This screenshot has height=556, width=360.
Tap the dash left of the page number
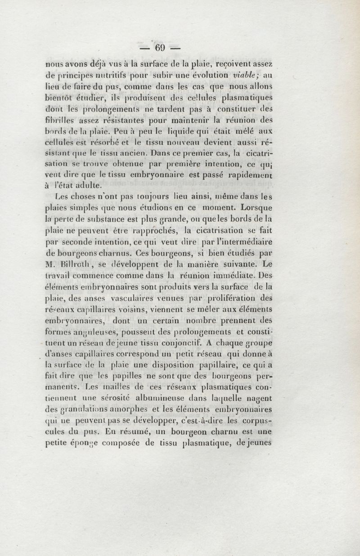[x=144, y=47]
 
